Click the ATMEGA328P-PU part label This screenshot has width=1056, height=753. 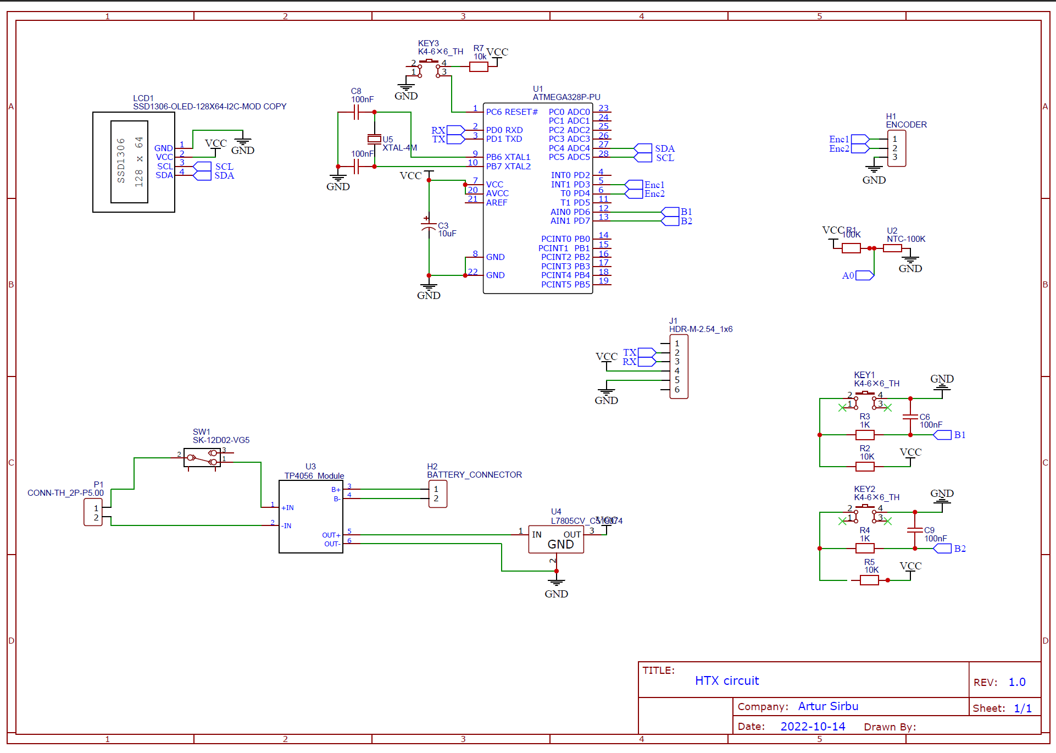click(x=566, y=97)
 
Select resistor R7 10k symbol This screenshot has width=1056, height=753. click(x=479, y=67)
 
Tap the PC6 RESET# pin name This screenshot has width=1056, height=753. click(x=512, y=112)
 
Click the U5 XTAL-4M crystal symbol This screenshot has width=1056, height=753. click(x=374, y=139)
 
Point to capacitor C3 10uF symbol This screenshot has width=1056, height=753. click(x=429, y=226)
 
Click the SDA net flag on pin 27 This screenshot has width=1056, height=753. click(x=643, y=148)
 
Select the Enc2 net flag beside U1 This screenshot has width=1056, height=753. click(x=634, y=194)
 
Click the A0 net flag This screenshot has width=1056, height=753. click(x=864, y=275)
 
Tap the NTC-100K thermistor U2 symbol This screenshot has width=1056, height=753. click(x=892, y=248)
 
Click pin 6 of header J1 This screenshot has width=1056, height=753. click(x=677, y=390)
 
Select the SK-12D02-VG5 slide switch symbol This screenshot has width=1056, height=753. click(x=202, y=457)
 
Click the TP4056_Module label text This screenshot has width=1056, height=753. click(x=314, y=476)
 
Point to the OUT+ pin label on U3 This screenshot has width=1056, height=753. click(x=331, y=535)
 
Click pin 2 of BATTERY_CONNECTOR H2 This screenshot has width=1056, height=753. click(x=436, y=499)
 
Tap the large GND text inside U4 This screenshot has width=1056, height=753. click(x=560, y=545)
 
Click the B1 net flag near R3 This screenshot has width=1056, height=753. click(x=943, y=435)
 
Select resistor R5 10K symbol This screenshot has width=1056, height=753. click(x=869, y=580)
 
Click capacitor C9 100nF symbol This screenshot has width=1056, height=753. click(x=915, y=530)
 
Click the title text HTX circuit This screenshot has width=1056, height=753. click(x=726, y=681)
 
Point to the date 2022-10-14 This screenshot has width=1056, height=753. click(x=813, y=727)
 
